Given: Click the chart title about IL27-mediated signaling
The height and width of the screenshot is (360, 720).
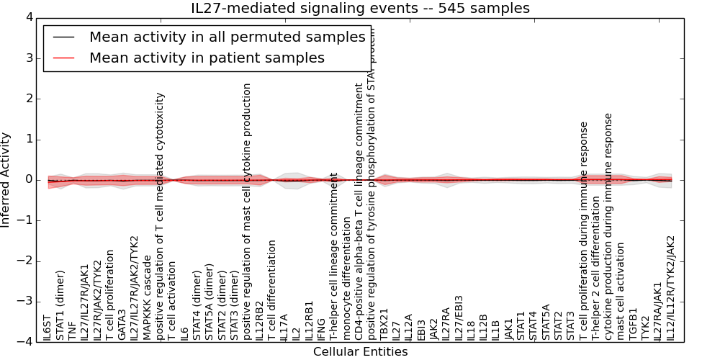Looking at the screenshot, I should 360,9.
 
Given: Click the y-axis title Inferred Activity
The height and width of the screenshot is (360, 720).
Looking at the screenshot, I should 6,180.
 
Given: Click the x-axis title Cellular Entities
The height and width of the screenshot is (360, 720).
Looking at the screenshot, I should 360,352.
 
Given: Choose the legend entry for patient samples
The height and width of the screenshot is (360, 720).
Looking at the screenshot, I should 207,58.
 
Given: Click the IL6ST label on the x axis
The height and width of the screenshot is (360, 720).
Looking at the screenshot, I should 47,327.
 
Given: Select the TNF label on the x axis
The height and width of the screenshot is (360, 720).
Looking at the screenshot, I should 72,330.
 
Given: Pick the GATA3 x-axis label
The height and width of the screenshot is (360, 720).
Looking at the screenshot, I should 122,325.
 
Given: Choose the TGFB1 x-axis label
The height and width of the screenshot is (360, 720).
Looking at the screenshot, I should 634,325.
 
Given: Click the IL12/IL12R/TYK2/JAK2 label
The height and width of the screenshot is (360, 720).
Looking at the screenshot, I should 671,288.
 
